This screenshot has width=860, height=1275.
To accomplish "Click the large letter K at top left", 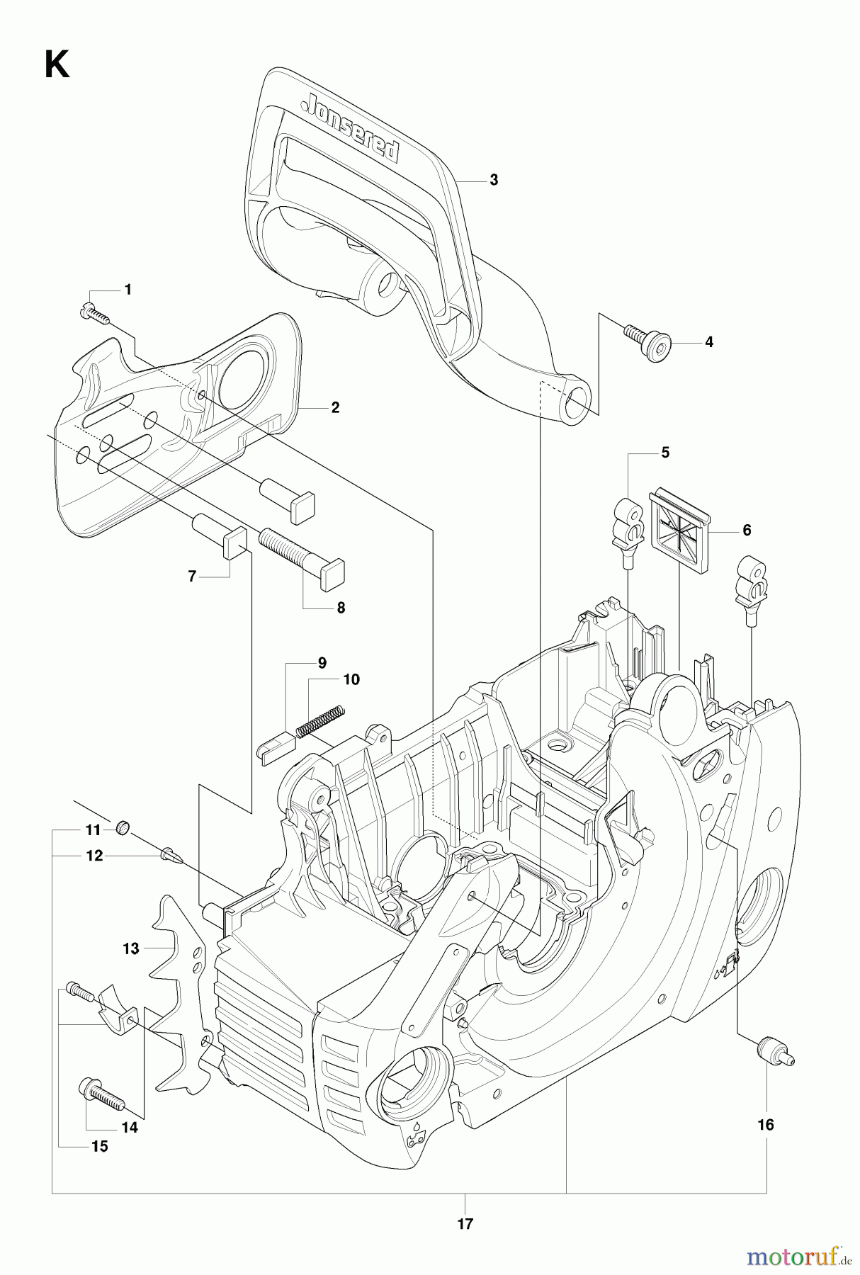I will tap(57, 67).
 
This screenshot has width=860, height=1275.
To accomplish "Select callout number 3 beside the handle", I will tap(494, 180).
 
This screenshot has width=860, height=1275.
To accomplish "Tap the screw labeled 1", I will tap(98, 312).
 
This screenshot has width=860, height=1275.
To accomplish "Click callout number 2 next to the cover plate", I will tap(335, 407).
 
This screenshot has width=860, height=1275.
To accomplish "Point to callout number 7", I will tap(191, 577).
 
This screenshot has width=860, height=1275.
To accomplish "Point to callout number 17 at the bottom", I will tap(465, 1223).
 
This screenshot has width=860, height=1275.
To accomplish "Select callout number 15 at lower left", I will tap(100, 1146).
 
